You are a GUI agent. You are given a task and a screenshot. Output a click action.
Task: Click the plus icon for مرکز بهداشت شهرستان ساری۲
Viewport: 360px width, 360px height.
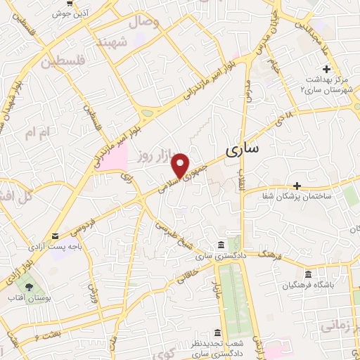tap(326, 69)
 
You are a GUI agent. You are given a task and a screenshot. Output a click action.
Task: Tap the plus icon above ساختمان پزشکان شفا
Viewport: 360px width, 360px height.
tap(297, 186)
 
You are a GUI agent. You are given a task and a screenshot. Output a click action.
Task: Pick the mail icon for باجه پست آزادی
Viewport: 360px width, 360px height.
tap(56, 236)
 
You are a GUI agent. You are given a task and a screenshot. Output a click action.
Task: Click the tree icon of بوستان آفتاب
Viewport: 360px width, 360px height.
tap(28, 288)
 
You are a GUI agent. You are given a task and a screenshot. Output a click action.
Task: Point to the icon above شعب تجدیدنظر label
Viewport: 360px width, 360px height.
tap(217, 333)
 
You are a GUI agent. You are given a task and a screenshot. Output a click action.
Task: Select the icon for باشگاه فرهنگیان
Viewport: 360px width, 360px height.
tap(308, 274)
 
